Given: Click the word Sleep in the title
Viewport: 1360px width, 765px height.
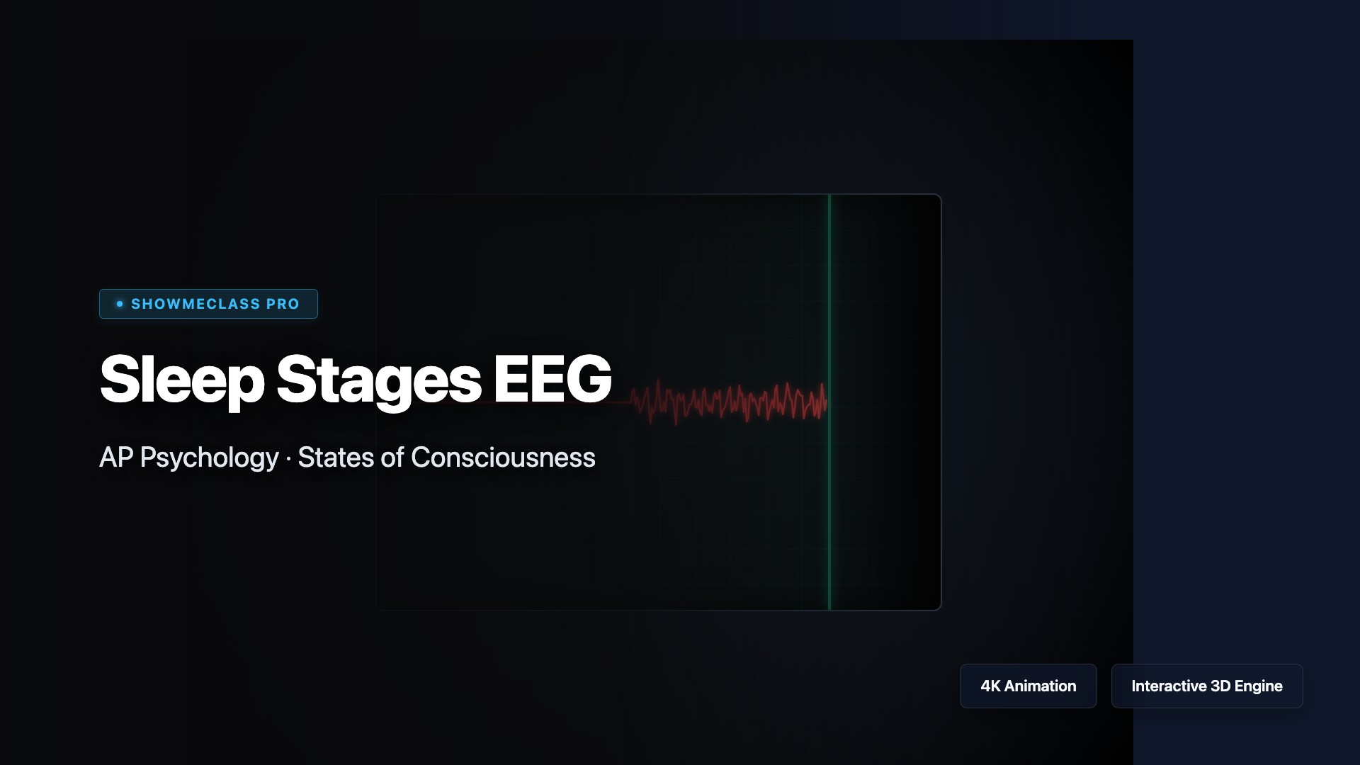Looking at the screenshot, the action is (x=182, y=380).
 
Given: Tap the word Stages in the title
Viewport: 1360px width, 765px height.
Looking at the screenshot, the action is (x=379, y=381).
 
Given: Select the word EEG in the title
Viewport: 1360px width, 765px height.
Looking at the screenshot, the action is (x=552, y=378).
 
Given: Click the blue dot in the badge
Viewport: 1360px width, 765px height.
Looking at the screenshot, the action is (x=120, y=304).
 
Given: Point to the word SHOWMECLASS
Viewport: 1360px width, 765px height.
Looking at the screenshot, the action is (x=195, y=304).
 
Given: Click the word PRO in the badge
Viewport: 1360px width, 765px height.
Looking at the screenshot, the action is (x=283, y=304).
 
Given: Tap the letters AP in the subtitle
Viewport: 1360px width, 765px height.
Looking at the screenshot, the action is (x=116, y=457).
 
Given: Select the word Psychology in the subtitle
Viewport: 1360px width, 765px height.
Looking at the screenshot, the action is (x=210, y=458).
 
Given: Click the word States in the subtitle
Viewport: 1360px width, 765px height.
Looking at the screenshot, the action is (x=336, y=457).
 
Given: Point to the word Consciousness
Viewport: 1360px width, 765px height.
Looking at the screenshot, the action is (x=503, y=457).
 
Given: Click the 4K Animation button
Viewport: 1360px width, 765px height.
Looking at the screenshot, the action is (x=1028, y=686).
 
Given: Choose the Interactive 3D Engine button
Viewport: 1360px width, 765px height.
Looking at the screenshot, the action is (x=1207, y=686).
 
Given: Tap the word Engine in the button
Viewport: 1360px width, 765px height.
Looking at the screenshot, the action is (x=1259, y=686).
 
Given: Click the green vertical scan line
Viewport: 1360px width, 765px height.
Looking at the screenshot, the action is (x=829, y=402).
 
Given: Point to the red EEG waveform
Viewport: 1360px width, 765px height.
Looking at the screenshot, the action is (x=730, y=402).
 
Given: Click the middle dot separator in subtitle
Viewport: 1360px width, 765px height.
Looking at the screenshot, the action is (x=288, y=459).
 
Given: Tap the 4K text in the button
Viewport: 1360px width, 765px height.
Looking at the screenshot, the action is (x=990, y=686).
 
